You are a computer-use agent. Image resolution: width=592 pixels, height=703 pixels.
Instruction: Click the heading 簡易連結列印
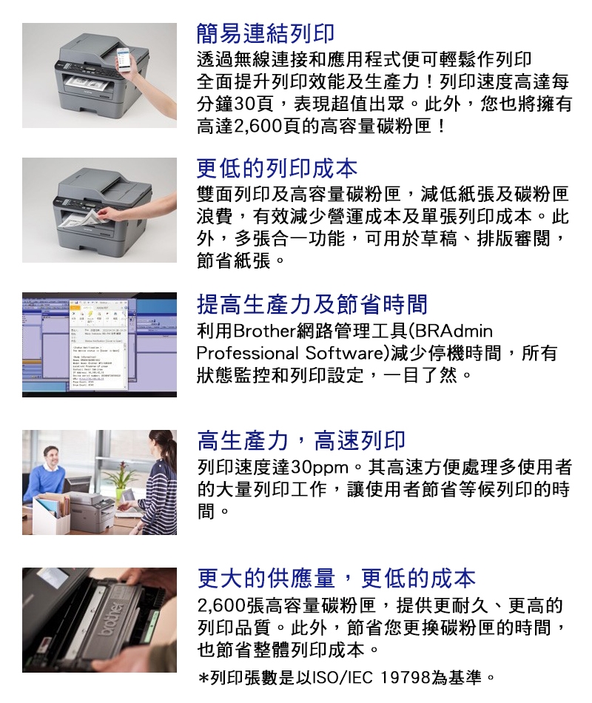point(266,33)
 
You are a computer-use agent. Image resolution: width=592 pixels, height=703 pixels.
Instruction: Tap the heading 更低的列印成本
point(277,169)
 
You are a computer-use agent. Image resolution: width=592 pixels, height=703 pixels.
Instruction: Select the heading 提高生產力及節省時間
point(312,304)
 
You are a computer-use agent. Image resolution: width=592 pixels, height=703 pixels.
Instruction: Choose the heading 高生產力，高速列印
point(301,441)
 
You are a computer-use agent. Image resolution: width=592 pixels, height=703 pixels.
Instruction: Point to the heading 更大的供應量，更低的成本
point(337,578)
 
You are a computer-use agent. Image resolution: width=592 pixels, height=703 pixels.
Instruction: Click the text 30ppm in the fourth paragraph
point(320,468)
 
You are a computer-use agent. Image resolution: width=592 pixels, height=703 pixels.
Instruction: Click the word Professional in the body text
point(248,353)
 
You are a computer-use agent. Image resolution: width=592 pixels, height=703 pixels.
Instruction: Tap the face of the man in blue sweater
point(51,457)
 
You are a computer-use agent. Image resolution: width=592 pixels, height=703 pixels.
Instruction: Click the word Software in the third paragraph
point(344,353)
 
